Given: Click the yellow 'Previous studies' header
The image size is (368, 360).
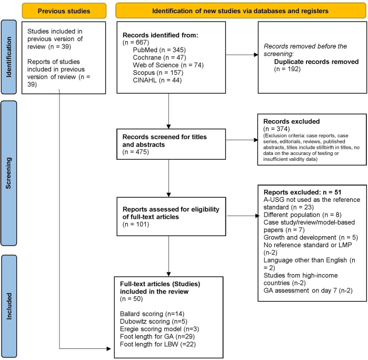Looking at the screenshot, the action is (64, 11).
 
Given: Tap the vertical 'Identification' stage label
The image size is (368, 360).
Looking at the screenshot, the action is (8, 57).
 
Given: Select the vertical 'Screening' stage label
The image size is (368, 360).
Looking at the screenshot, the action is (8, 173).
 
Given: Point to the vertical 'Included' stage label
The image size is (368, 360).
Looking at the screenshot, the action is (8, 306).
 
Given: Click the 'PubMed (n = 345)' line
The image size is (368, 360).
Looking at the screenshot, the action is (159, 50).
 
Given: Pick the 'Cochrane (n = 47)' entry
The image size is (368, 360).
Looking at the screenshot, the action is (160, 57).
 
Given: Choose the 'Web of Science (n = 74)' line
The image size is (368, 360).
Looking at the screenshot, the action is (168, 65).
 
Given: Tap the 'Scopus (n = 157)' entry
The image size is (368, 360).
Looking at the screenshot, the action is (158, 72).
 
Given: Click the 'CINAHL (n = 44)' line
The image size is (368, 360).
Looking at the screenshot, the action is (157, 80).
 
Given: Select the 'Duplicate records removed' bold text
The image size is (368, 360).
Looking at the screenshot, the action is (316, 62).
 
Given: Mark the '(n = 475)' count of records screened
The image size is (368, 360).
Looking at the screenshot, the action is (136, 152).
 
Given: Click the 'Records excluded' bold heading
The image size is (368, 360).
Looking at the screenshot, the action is (292, 121).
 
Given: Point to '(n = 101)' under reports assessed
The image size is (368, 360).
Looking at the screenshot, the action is (136, 224).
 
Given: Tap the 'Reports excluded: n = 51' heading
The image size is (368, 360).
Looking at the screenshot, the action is (302, 192).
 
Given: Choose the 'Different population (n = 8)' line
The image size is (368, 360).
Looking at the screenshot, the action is (303, 215).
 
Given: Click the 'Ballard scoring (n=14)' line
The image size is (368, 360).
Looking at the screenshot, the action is (152, 314).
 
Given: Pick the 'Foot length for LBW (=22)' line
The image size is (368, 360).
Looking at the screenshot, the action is (158, 344).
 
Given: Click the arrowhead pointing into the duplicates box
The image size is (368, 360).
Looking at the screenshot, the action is (256, 55).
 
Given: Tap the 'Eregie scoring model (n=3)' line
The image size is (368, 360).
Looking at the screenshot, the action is (160, 329).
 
